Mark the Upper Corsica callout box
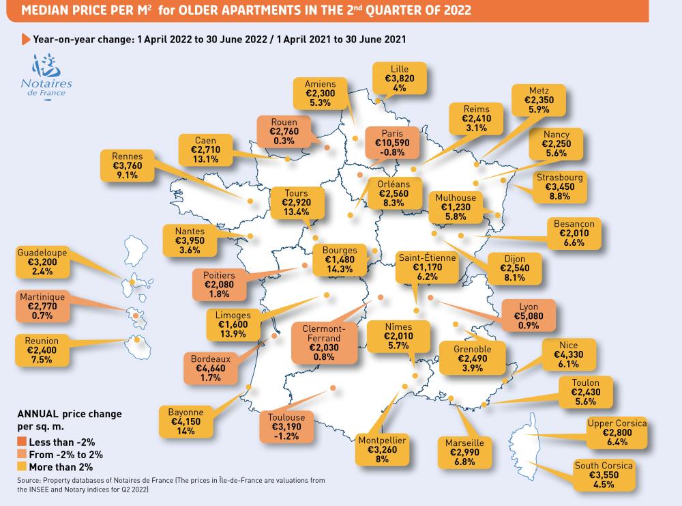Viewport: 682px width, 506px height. click(x=617, y=433)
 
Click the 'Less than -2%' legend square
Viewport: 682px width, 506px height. click(x=21, y=442)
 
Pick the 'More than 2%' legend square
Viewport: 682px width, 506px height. click(x=21, y=467)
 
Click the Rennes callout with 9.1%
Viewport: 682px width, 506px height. click(x=128, y=165)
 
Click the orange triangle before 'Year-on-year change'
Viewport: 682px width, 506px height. click(x=26, y=39)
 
